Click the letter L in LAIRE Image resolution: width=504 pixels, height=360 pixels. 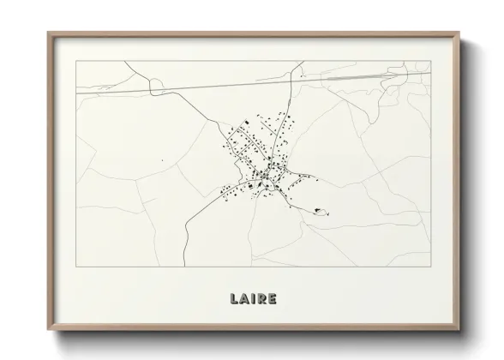233,300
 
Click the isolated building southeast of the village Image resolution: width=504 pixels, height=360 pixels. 320,208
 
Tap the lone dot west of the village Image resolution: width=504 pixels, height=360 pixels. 161,159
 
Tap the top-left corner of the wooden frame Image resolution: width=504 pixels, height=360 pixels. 47,32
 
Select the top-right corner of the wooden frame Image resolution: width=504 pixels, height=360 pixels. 459,32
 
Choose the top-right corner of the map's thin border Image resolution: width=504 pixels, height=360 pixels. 430,61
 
